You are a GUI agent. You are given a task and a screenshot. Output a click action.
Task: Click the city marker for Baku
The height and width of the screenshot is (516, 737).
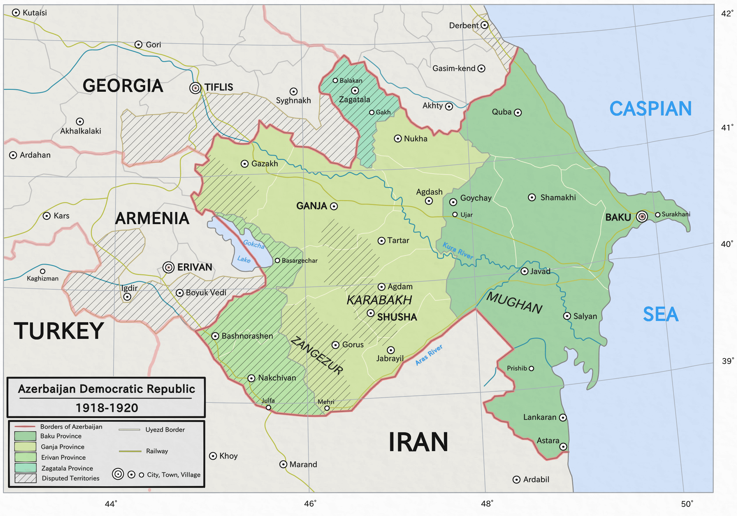(x=642, y=217)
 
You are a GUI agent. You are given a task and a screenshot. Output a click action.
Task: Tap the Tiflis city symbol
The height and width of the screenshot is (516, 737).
(x=195, y=88)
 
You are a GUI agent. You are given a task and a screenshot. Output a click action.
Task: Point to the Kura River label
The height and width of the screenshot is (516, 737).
(x=458, y=251)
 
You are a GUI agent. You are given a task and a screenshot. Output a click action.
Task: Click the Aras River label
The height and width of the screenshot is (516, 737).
(x=429, y=355)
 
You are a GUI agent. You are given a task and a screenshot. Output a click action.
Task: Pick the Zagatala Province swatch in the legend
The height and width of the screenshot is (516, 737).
(x=25, y=467)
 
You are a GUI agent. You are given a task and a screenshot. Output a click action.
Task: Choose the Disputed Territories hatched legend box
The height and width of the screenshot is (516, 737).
(x=25, y=478)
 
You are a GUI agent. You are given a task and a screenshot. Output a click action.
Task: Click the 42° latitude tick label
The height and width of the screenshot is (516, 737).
(x=727, y=13)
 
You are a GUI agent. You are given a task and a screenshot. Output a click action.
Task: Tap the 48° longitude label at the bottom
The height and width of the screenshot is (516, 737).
(x=487, y=504)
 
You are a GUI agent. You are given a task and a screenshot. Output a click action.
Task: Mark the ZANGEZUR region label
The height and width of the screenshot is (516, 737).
(x=317, y=355)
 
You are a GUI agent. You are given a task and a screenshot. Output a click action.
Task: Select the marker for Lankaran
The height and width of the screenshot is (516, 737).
(x=563, y=418)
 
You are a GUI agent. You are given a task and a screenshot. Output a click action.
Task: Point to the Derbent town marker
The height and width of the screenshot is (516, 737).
(x=485, y=25)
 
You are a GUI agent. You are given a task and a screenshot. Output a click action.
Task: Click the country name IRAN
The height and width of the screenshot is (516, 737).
(x=418, y=442)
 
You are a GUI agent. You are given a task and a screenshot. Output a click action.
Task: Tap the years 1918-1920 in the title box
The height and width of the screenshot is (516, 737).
(x=107, y=408)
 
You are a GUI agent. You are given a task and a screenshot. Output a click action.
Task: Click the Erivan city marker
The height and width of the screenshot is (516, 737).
(x=169, y=267)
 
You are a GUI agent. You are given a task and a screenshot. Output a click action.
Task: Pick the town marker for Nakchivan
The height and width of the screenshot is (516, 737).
(x=252, y=378)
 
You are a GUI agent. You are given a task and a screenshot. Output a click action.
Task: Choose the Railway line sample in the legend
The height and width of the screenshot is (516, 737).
(x=130, y=451)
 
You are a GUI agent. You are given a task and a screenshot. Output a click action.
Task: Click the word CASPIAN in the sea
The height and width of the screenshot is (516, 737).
(x=650, y=109)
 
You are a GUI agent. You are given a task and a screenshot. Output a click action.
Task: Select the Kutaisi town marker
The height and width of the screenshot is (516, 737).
(x=16, y=12)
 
